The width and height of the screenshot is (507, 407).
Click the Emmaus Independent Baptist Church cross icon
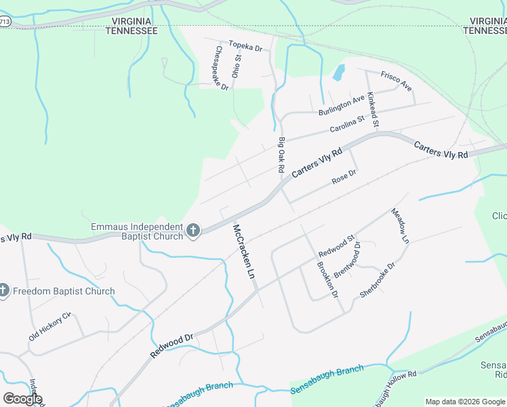(x=193, y=231)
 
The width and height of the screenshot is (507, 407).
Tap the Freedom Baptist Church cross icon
(x=4, y=291)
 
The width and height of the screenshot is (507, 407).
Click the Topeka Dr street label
(x=245, y=46)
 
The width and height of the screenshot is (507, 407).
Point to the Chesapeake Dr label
(x=222, y=69)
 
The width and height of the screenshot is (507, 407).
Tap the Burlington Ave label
(x=342, y=105)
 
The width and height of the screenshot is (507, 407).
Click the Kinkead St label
(x=372, y=109)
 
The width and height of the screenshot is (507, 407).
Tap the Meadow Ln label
(x=401, y=226)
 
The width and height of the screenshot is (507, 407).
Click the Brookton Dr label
(x=326, y=279)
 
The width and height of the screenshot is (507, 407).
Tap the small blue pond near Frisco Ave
(x=338, y=72)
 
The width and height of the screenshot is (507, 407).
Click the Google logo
(x=22, y=399)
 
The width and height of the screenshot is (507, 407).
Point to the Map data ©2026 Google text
(x=465, y=402)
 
